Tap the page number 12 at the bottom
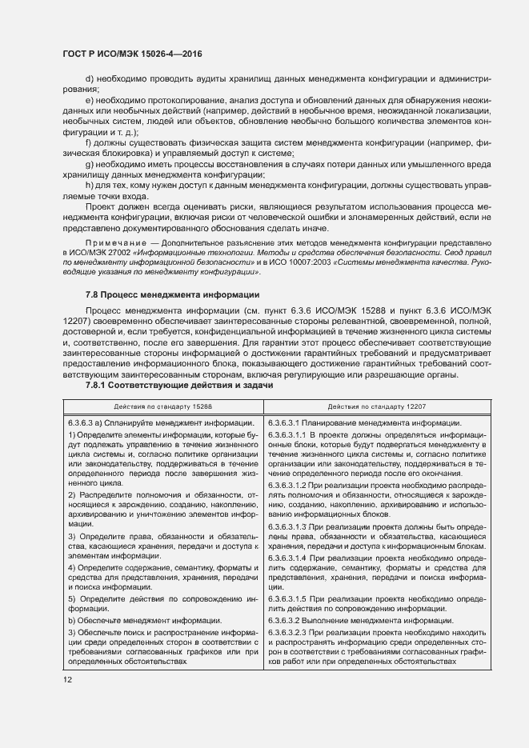pyautogui.click(x=67, y=679)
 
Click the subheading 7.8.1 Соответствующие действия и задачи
pyautogui.click(x=179, y=385)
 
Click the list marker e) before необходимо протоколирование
pyautogui.click(x=90, y=100)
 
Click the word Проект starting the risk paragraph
pyautogui.click(x=102, y=206)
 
